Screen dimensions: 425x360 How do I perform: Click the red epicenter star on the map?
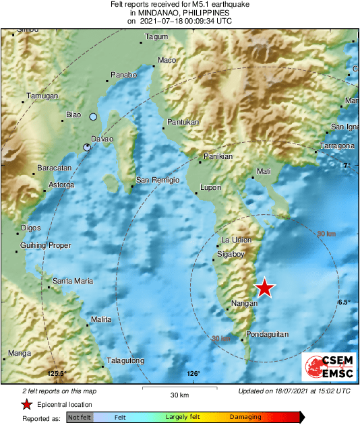click(266, 288)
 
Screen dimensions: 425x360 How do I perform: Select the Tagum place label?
click(156, 36)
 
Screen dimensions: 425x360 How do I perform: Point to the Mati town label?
click(264, 172)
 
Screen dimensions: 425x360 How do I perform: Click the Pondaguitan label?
click(268, 334)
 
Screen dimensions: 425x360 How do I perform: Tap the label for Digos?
click(32, 228)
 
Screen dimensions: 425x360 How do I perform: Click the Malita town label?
click(101, 319)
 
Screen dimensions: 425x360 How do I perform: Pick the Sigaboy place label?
click(231, 254)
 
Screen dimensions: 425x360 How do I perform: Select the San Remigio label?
click(158, 180)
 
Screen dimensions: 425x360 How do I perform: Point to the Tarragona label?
click(337, 146)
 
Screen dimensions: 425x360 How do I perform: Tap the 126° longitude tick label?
click(193, 374)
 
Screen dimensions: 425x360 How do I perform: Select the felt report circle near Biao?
click(94, 117)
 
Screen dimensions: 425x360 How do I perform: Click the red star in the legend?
click(27, 404)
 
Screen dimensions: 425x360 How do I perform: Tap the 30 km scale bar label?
click(179, 394)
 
